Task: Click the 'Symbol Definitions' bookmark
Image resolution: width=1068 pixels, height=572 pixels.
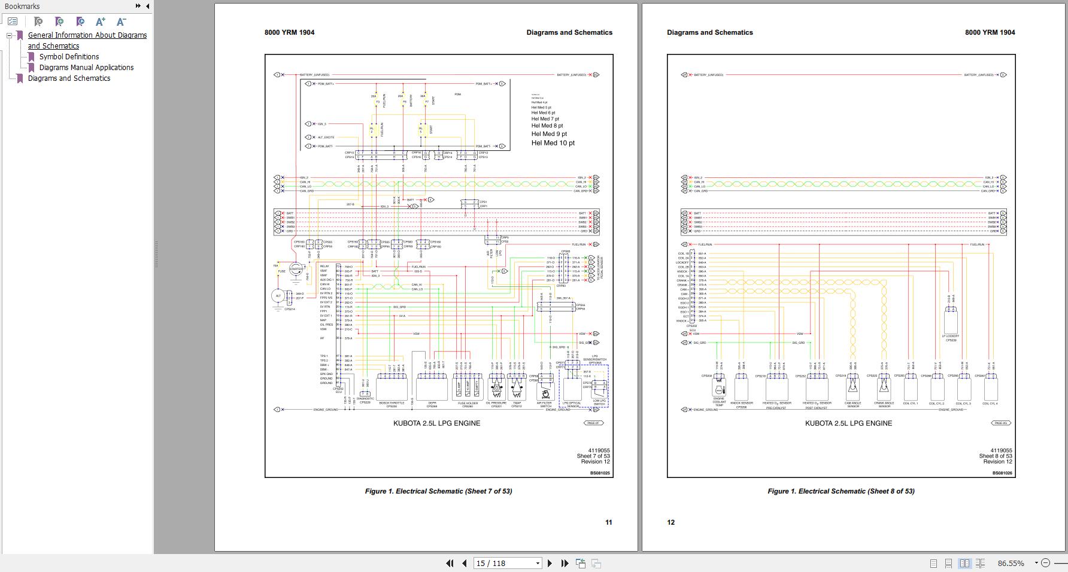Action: coord(69,57)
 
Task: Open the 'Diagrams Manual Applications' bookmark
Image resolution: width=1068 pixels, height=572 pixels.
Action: coord(86,68)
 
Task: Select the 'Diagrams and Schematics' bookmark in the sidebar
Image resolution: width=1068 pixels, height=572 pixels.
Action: coord(69,78)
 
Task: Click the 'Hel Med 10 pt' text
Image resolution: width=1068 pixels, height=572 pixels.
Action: coord(553,143)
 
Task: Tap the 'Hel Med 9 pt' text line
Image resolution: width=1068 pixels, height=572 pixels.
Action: coord(549,134)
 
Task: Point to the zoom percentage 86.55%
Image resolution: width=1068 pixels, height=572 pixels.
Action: coord(1011,563)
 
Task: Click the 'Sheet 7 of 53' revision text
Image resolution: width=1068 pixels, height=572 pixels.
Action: coord(593,456)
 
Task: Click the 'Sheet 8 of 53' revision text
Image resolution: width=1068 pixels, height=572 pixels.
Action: coord(995,456)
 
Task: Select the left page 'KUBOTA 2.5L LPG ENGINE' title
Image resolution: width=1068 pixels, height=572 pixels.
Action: coord(436,423)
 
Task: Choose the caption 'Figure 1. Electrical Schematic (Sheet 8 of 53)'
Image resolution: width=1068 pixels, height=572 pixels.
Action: coord(841,491)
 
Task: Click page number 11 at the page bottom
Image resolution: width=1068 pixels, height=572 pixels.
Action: coord(608,522)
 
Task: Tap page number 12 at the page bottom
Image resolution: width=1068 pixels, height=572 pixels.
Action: coord(670,522)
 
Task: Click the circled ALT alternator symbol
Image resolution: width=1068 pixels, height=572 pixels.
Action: coord(278,296)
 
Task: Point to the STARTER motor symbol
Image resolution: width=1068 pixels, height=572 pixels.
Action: coord(296,270)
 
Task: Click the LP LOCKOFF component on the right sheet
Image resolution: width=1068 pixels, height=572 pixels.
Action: coord(950,322)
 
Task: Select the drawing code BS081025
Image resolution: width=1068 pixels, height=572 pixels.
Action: coord(599,473)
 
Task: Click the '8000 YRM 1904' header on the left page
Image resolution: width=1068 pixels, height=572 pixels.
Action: coord(289,33)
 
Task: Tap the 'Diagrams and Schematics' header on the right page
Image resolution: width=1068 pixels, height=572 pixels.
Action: coord(709,33)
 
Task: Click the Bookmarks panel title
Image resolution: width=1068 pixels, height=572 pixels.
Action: coord(22,6)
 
